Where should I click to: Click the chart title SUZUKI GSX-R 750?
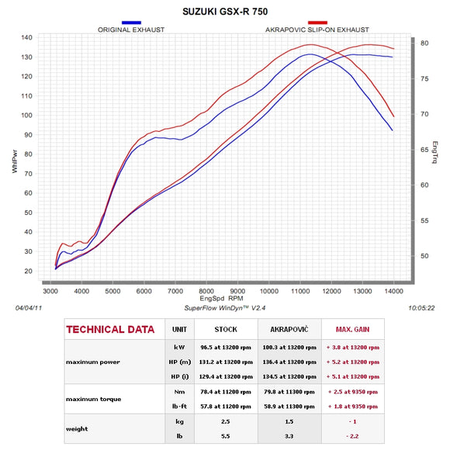point(225,12)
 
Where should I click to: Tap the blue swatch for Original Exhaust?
point(131,22)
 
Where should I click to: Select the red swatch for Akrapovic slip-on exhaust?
point(317,22)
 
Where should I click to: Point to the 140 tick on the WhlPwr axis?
point(26,37)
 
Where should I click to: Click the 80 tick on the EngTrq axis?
point(424,43)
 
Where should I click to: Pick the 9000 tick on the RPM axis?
point(237,291)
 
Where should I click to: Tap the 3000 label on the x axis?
point(50,291)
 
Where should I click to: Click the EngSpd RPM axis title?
point(221,299)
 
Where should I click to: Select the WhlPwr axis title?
point(15,161)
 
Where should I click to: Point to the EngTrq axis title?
point(435,152)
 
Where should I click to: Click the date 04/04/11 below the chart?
point(29,308)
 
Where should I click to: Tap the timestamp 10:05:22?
point(421,308)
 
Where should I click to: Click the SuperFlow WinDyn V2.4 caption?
point(225,308)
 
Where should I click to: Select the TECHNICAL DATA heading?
point(110,330)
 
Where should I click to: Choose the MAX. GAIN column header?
point(353,330)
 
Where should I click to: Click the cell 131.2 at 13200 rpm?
point(226,362)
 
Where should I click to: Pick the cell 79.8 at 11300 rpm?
point(289,392)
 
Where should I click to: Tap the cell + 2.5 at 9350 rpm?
point(353,392)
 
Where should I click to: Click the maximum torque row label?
point(94,400)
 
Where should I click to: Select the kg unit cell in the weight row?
point(180,421)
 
